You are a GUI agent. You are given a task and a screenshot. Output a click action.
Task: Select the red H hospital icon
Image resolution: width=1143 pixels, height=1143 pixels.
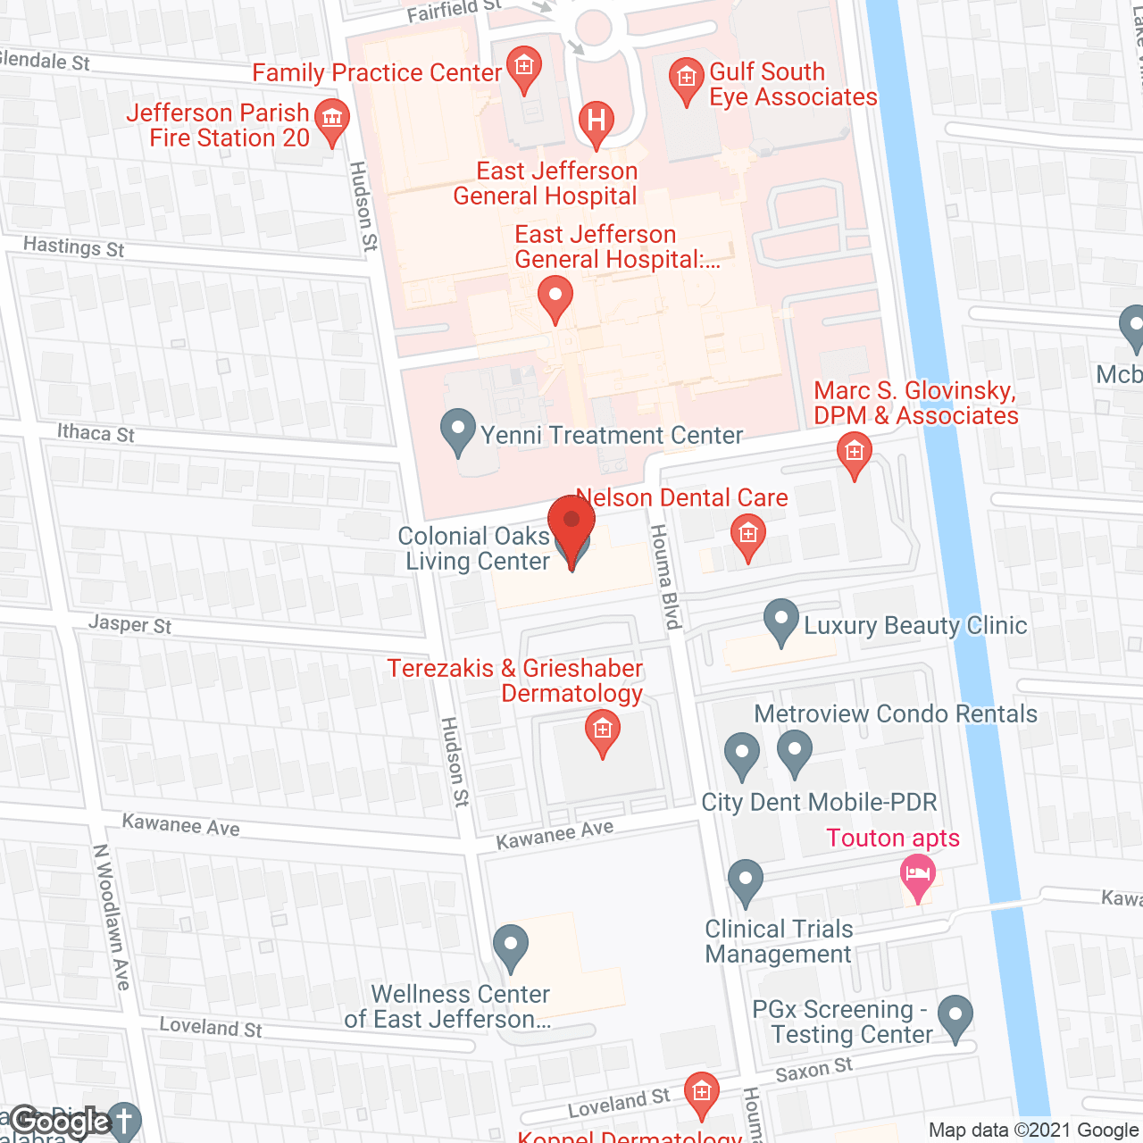pyautogui.click(x=596, y=122)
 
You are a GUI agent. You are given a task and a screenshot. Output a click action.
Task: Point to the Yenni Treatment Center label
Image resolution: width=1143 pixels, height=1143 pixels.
pyautogui.click(x=612, y=435)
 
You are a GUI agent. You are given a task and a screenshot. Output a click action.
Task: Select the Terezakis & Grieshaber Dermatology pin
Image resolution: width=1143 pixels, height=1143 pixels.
pyautogui.click(x=603, y=732)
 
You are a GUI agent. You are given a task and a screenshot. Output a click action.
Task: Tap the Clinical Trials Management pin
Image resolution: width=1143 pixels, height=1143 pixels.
pyautogui.click(x=746, y=880)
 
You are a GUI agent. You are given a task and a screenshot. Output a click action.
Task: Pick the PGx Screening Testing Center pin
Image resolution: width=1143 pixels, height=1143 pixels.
pyautogui.click(x=955, y=1017)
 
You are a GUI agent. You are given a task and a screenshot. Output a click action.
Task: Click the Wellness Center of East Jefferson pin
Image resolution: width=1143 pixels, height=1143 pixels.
pyautogui.click(x=511, y=947)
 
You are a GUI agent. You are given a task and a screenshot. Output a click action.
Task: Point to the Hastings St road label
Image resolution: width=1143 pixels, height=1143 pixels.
pyautogui.click(x=74, y=246)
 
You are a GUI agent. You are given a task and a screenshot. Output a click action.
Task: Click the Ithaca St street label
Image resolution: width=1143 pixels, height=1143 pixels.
pyautogui.click(x=96, y=433)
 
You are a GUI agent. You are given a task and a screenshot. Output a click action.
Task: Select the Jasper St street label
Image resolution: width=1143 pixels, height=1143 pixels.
pyautogui.click(x=129, y=624)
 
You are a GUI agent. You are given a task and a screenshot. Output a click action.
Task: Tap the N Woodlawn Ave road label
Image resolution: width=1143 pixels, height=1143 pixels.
pyautogui.click(x=113, y=916)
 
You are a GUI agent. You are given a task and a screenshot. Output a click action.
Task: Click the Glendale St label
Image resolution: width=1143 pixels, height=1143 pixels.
pyautogui.click(x=45, y=61)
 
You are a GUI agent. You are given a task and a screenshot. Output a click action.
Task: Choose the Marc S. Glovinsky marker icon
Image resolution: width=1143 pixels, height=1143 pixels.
pyautogui.click(x=855, y=453)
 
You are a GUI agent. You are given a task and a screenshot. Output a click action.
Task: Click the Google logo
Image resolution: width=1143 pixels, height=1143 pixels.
pyautogui.click(x=60, y=1122)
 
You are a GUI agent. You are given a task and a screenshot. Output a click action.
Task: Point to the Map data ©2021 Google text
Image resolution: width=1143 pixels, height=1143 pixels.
pyautogui.click(x=1034, y=1130)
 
